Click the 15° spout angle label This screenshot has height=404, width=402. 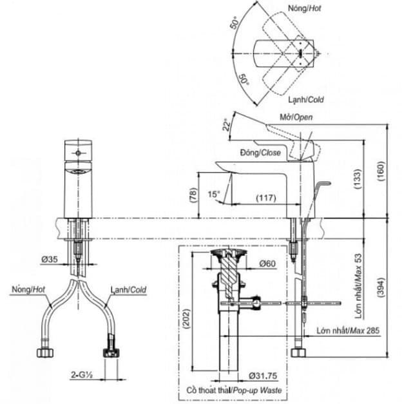pos(214,193)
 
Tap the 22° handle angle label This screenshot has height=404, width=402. pos(226,124)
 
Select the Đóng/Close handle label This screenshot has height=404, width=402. pos(260,153)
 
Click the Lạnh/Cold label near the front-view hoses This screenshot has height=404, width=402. pos(128,290)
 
